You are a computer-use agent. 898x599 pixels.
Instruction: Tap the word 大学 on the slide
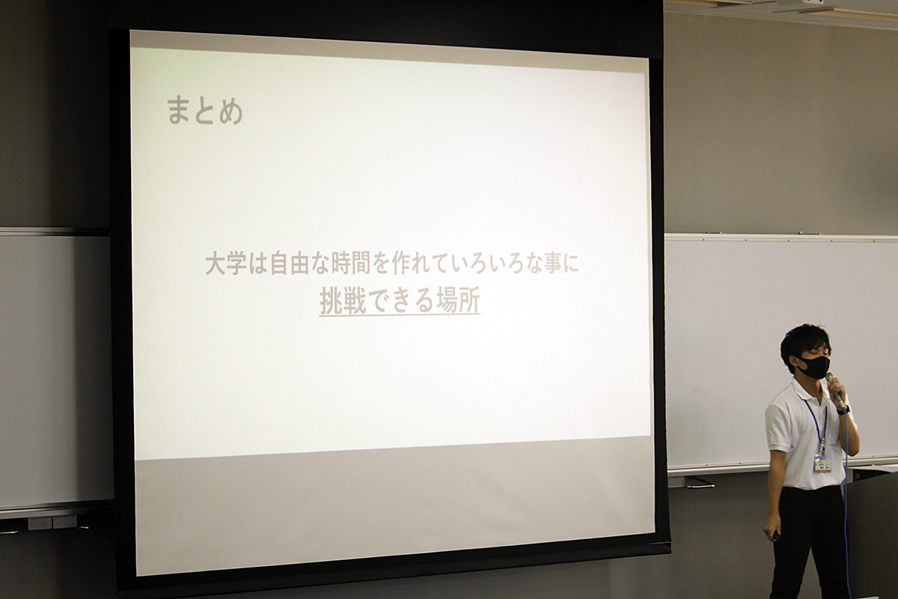click(226, 263)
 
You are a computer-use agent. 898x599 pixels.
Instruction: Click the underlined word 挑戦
click(343, 302)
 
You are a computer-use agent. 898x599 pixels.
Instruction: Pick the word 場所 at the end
click(458, 302)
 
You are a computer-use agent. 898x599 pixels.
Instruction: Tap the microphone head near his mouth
click(829, 378)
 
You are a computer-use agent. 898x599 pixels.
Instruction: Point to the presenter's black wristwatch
click(843, 410)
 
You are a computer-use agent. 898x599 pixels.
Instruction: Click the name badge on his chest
click(822, 463)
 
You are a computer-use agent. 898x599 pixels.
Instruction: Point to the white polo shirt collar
click(801, 389)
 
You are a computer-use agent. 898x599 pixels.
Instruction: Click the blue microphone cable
click(846, 502)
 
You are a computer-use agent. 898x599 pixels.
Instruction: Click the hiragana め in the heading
click(231, 111)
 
